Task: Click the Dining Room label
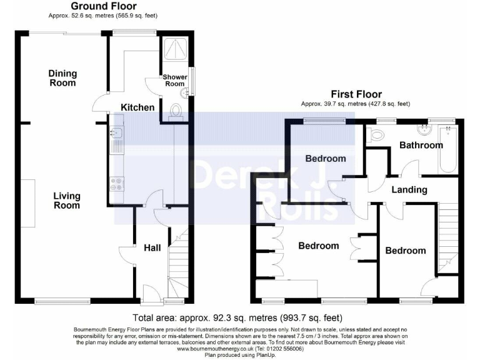pos(62,78)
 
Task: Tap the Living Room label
pos(67,201)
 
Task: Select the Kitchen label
pos(137,107)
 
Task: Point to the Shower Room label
pos(175,81)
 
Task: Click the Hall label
pos(152,247)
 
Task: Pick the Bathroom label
pos(421,145)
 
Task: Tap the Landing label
pos(409,190)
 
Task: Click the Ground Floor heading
pos(104,6)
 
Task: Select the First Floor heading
pos(356,94)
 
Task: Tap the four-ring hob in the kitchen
pos(117,184)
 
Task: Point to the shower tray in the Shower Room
pos(175,49)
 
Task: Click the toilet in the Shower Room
pos(176,111)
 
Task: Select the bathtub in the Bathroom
pos(448,150)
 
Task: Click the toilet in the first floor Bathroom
pos(375,134)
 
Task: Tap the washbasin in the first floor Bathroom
pos(424,130)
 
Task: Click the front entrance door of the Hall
pos(151,294)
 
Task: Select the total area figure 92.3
pos(220,317)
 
